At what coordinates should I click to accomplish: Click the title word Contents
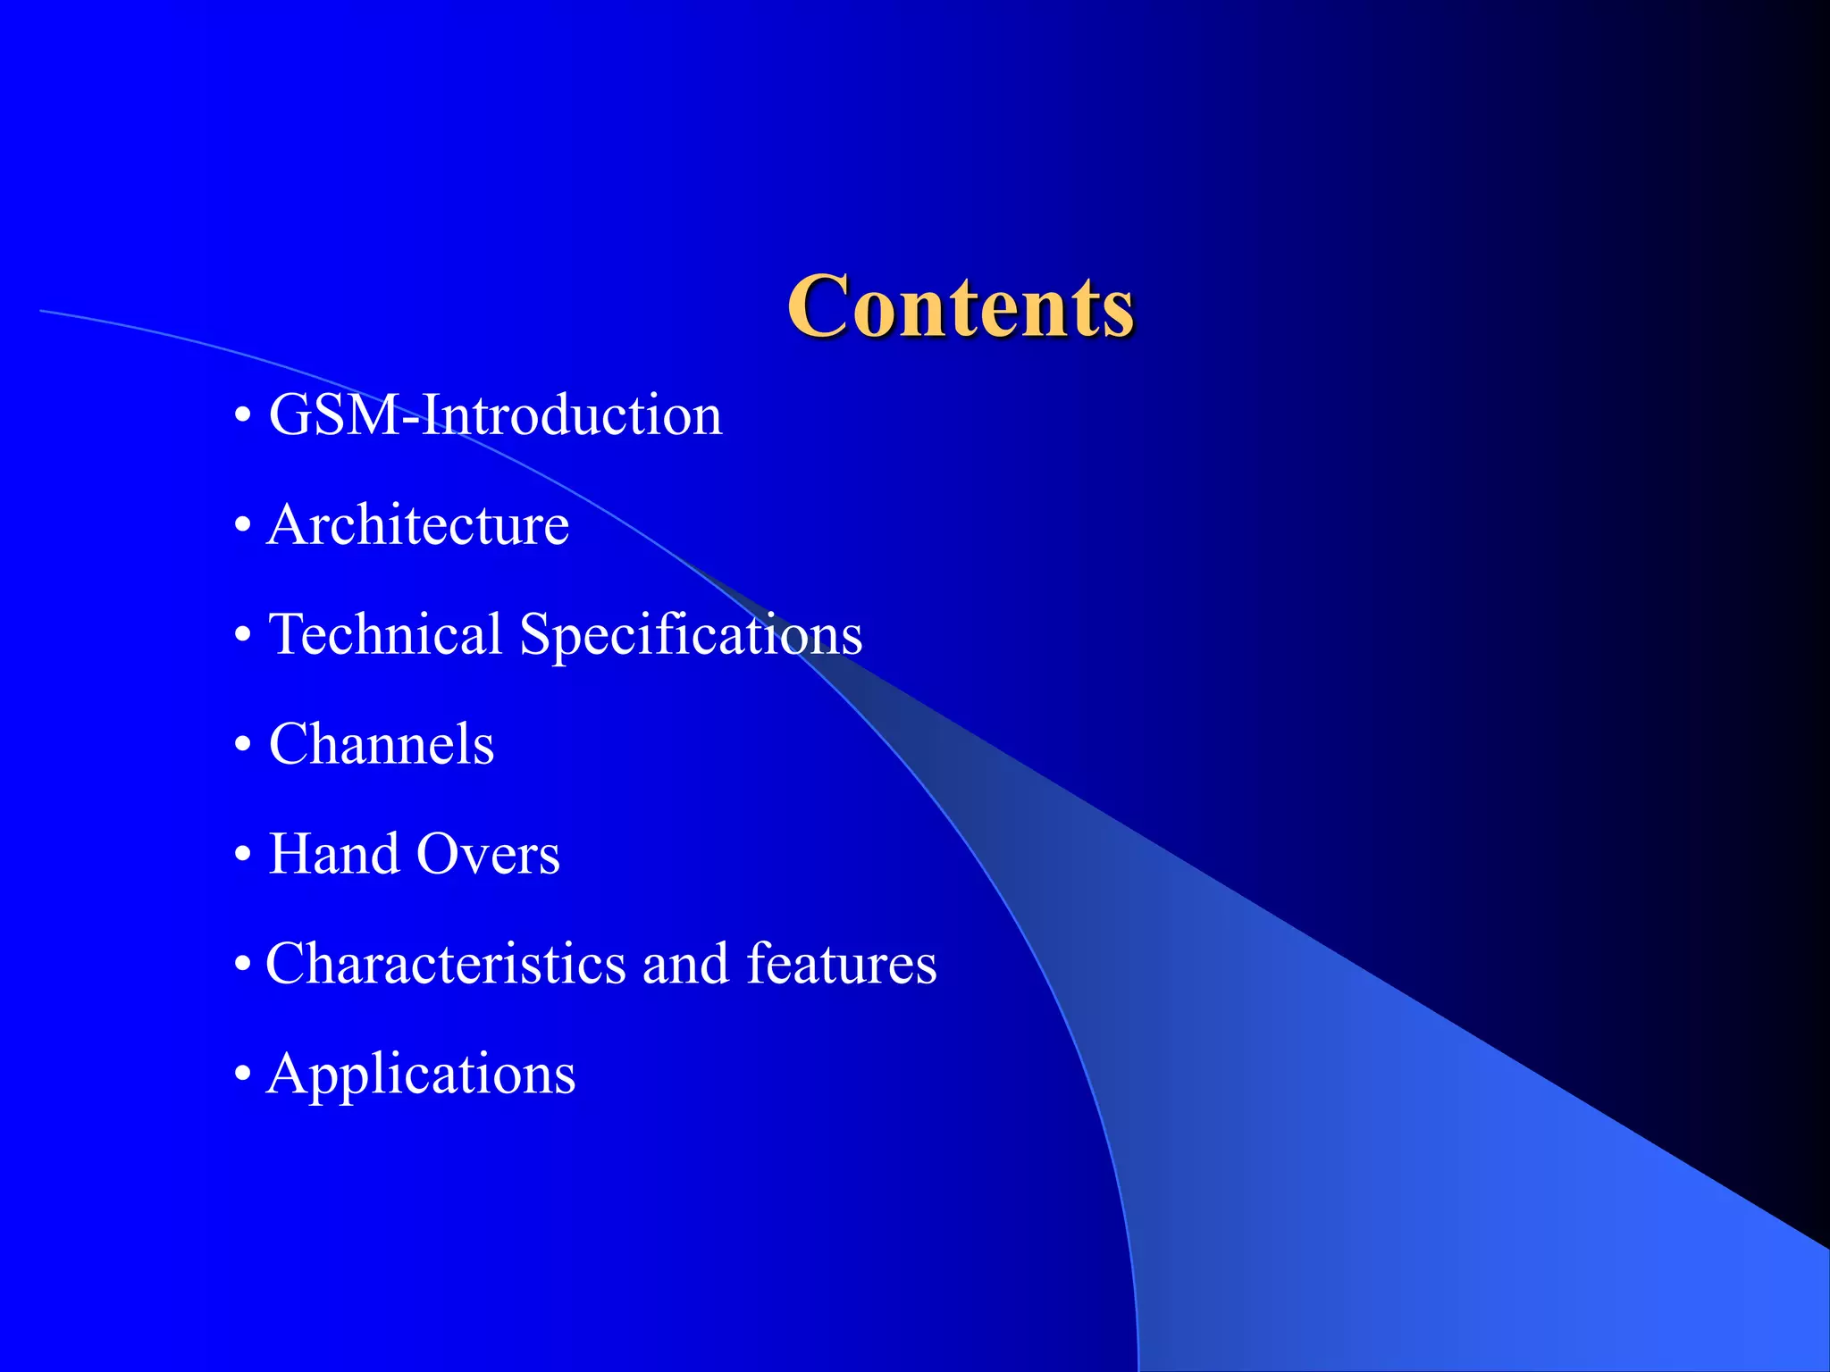(x=961, y=306)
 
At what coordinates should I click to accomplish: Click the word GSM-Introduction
(x=495, y=415)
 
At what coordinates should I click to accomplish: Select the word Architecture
(x=418, y=525)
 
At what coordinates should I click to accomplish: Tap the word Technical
(x=385, y=634)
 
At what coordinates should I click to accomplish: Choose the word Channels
(x=381, y=744)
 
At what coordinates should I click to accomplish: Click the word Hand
(x=333, y=854)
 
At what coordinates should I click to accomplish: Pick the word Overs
(x=488, y=854)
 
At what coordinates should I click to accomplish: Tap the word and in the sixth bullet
(x=685, y=964)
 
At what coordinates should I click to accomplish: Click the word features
(x=842, y=964)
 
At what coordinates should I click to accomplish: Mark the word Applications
(x=421, y=1075)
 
